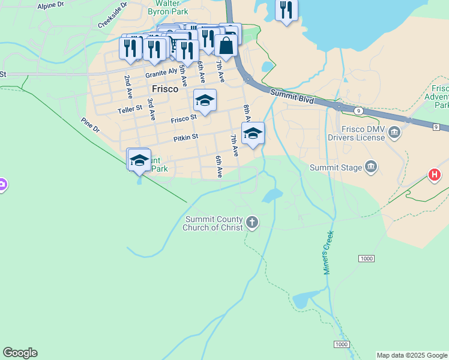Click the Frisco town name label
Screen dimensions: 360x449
point(164,89)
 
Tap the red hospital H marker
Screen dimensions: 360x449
point(434,175)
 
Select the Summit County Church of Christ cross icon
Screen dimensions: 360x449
point(252,223)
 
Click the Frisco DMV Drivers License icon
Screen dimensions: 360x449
point(394,133)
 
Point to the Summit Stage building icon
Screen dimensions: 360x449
point(370,166)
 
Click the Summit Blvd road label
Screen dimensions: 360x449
point(292,97)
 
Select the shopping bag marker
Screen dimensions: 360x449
point(226,45)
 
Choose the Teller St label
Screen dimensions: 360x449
point(130,109)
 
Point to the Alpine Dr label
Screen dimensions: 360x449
point(50,5)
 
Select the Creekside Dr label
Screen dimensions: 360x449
point(112,15)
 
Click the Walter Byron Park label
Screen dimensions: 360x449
point(168,7)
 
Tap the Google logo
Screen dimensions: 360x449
point(20,353)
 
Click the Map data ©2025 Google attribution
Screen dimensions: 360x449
point(412,355)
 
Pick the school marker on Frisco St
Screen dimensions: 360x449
point(205,100)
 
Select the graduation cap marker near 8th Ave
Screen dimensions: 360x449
point(253,133)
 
